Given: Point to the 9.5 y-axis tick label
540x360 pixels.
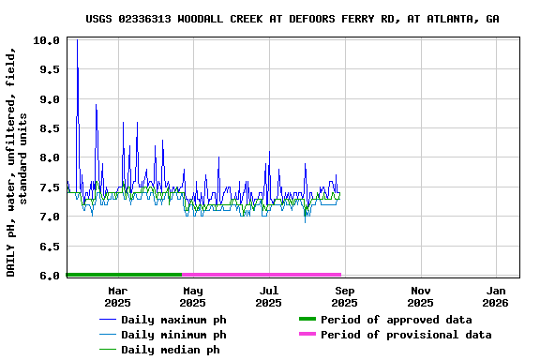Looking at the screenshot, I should click(x=49, y=70).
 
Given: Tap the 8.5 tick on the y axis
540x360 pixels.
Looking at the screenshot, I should click(x=49, y=128).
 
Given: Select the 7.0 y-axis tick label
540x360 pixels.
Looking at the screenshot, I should click(x=49, y=217).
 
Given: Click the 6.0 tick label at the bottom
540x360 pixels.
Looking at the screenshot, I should click(x=49, y=275).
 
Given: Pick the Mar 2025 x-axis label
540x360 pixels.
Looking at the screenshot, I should click(x=117, y=296).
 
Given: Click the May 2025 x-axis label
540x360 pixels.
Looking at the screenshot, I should click(x=192, y=296).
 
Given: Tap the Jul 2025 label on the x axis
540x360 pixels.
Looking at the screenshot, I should click(x=268, y=296).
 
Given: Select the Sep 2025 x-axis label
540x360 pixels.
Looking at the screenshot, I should click(x=344, y=296).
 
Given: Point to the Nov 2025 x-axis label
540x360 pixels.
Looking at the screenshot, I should click(x=420, y=296).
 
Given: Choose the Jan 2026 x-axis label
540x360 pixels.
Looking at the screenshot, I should click(x=496, y=296).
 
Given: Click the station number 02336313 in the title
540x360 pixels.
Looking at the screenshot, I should click(x=146, y=19).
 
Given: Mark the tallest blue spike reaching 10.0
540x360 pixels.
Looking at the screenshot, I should click(x=77, y=41).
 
